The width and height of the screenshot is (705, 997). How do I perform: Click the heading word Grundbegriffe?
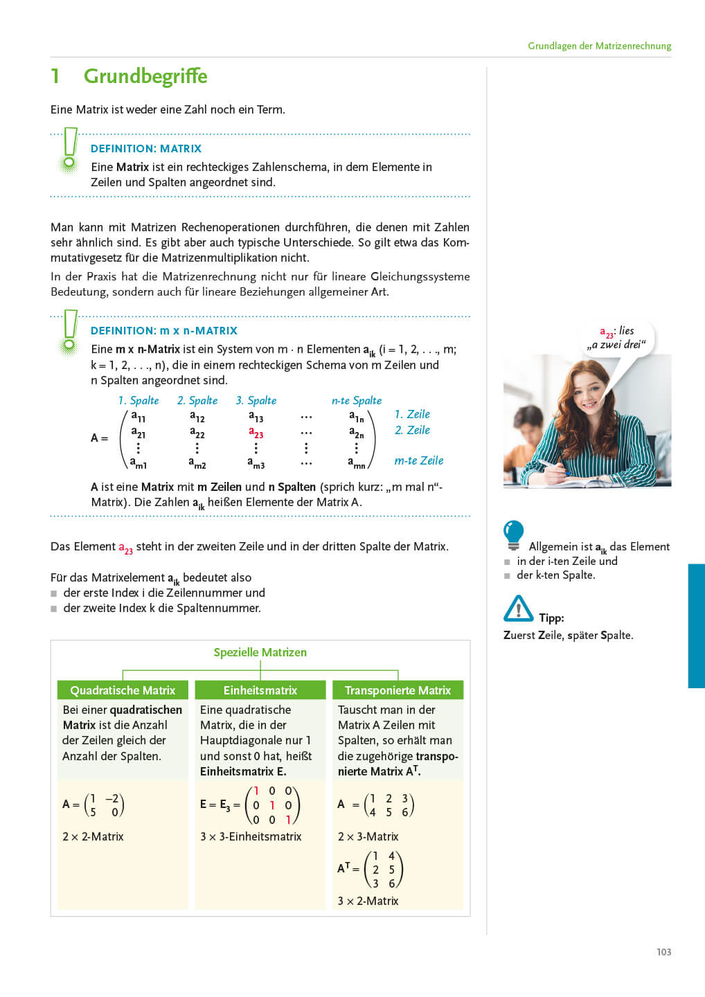[145, 76]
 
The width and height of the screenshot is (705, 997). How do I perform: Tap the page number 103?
[663, 952]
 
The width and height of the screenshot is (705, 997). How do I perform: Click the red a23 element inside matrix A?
[256, 433]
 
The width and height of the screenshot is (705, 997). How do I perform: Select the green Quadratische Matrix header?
[123, 690]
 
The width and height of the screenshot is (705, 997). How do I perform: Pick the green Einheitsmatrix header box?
[260, 690]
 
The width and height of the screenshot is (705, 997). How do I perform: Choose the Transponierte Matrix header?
[398, 690]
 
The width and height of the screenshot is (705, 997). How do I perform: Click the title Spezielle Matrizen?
[260, 652]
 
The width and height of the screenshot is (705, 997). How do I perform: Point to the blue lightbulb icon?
[513, 535]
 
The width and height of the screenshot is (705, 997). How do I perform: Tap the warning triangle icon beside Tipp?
[518, 609]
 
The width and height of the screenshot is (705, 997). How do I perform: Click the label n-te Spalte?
[357, 400]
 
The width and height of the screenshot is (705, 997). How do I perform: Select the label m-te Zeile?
[418, 460]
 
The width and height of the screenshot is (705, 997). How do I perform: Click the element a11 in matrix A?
[139, 417]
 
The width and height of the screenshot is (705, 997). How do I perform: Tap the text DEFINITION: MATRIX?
[146, 148]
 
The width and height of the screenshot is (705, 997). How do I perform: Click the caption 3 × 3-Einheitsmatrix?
[251, 836]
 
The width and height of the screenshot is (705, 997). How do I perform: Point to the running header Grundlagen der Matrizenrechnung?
[599, 46]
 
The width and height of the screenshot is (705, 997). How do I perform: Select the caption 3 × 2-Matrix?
[368, 901]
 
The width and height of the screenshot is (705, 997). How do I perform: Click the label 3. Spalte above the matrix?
[256, 400]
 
